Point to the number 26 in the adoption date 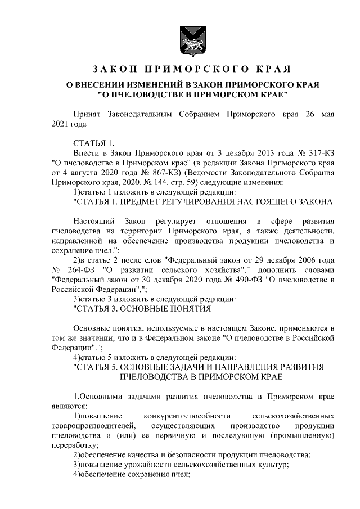pos(309,114)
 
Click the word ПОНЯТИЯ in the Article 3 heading pos(188,309)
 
